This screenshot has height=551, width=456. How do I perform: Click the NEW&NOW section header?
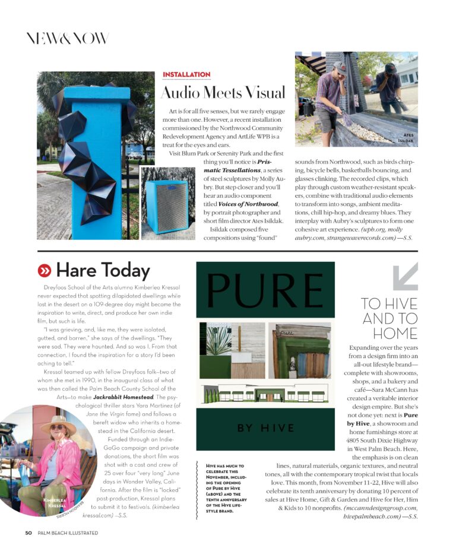67,39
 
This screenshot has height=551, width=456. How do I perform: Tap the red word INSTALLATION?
186,74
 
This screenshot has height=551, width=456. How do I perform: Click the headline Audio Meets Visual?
223,93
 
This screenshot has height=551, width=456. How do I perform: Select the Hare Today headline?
102,271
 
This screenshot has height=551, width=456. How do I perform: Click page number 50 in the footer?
28,533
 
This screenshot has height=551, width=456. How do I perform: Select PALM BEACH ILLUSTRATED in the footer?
66,533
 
